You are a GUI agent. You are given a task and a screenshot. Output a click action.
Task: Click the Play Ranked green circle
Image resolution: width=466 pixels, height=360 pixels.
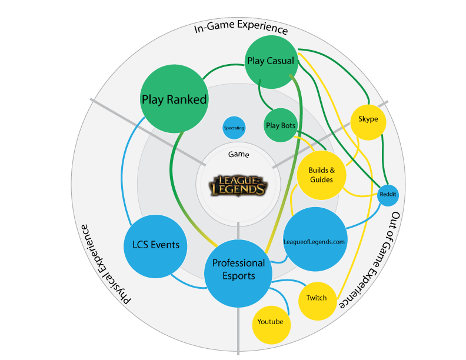(x=174, y=99)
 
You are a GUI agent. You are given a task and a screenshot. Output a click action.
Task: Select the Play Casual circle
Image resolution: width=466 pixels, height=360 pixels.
(x=270, y=61)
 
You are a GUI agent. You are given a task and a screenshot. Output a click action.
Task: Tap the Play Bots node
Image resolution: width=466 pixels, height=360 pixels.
(x=281, y=125)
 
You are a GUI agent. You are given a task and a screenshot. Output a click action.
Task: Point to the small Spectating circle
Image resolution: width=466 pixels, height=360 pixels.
(x=234, y=128)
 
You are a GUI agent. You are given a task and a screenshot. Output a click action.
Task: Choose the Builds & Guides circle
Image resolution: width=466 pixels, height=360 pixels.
(x=321, y=175)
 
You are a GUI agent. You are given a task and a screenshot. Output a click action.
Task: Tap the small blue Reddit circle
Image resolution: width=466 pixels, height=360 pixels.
(x=388, y=195)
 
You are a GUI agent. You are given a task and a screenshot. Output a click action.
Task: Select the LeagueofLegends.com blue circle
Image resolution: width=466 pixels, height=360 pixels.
(x=315, y=240)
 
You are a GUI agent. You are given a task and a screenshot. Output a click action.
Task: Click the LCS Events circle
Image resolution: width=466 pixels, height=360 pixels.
(x=156, y=245)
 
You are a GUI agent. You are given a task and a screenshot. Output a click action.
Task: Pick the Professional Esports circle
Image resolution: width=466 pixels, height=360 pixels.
(x=238, y=269)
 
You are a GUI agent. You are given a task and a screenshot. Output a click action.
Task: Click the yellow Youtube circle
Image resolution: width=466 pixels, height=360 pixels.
(x=271, y=322)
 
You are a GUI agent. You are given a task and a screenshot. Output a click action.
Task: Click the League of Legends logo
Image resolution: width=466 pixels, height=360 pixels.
(x=239, y=185)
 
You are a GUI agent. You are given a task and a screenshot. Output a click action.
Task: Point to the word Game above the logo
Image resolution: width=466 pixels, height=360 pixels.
(x=238, y=155)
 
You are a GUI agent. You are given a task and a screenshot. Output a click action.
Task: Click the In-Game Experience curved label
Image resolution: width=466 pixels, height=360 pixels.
(x=241, y=28)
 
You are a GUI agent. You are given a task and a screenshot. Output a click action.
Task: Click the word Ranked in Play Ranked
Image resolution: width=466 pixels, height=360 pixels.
(x=187, y=99)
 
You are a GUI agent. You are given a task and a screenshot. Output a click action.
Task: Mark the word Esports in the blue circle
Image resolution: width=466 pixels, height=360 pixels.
(x=238, y=276)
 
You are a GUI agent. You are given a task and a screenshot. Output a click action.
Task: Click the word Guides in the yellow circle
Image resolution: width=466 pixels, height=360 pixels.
(x=321, y=179)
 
